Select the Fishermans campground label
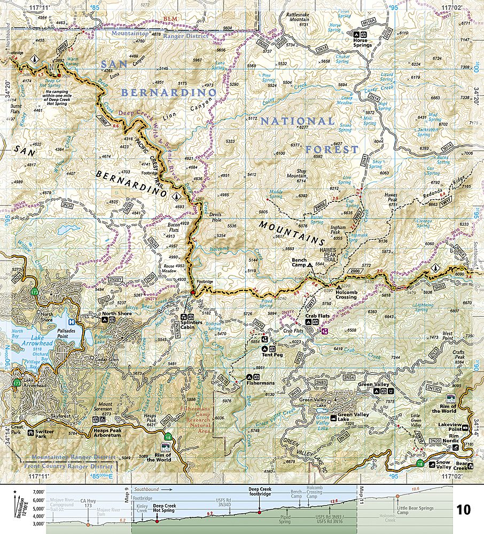click(264, 383)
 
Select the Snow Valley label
click(443, 465)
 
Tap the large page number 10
click(463, 509)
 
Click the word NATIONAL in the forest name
click(298, 121)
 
